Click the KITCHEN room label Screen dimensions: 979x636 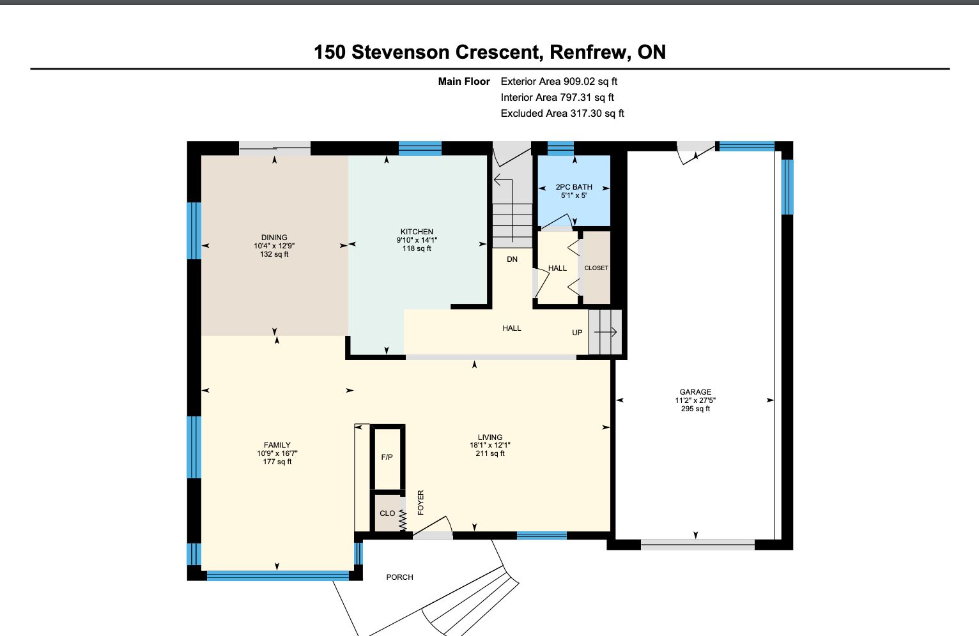tap(417, 232)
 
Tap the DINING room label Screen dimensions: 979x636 tap(275, 238)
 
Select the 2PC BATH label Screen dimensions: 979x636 tap(574, 187)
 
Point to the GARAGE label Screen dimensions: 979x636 tap(695, 392)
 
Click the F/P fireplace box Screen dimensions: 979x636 tap(387, 457)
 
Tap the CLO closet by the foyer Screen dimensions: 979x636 tap(387, 513)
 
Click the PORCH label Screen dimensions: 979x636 tap(399, 577)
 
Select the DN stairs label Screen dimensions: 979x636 tap(513, 259)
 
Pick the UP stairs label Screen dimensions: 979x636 tap(577, 333)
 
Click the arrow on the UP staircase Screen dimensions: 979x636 tap(605, 333)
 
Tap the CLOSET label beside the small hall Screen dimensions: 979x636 tap(596, 268)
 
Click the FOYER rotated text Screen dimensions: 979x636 tap(421, 503)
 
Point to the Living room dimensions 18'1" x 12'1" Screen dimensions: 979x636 tap(490, 445)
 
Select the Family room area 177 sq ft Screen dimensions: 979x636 tap(277, 462)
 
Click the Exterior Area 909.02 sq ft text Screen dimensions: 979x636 tap(559, 81)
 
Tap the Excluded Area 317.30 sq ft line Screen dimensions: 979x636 tap(562, 114)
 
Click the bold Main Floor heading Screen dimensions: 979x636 tap(464, 81)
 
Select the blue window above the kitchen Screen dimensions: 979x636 tap(420, 149)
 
